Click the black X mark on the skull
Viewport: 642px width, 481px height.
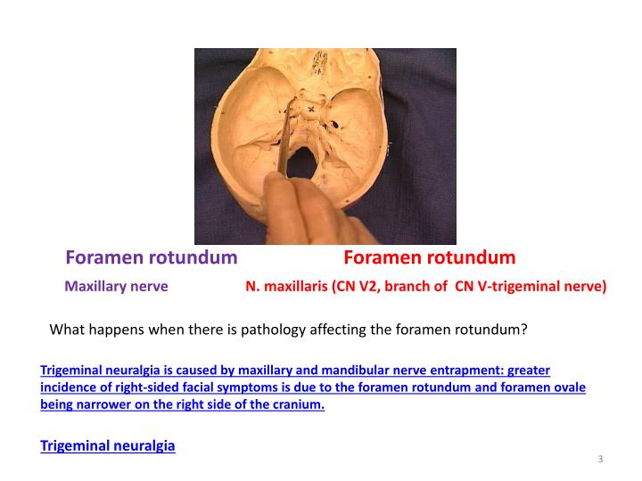coord(310,110)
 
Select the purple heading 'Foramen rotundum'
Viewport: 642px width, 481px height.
coord(152,258)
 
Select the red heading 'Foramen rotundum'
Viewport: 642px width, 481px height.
coord(429,258)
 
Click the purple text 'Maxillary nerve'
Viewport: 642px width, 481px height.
coord(117,287)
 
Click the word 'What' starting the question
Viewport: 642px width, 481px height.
coord(66,329)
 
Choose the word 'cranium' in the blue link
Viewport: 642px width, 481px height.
coord(298,404)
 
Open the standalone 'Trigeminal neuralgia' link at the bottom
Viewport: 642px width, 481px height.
coord(108,446)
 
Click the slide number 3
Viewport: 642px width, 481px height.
coord(601,460)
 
